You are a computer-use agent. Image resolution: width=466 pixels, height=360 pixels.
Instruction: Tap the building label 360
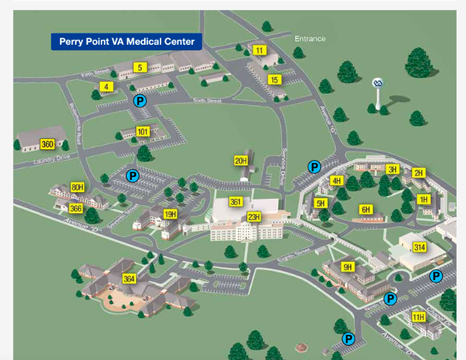coord(48,144)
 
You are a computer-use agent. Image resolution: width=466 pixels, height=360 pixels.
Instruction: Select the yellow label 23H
coord(254,217)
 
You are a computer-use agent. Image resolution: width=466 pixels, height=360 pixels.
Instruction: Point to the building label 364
coord(129,279)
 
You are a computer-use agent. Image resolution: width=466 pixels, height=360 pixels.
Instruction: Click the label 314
coord(420,247)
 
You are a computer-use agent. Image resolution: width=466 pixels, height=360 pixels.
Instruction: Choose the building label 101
coord(143,131)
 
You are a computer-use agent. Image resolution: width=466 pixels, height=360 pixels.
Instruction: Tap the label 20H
coord(240,161)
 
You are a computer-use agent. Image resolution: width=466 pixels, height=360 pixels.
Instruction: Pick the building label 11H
coord(418,317)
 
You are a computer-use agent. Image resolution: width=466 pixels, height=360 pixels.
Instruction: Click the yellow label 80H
coord(77,187)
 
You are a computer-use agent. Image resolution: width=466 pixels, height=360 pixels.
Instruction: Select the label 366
coord(75,208)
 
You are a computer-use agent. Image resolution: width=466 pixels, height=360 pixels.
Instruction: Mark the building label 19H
coord(170,214)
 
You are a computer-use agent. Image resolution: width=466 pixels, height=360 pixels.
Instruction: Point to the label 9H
coord(347,267)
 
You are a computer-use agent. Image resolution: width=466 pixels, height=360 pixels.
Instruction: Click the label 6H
coord(366,210)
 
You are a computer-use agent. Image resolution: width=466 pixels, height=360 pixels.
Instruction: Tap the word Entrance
coord(310,38)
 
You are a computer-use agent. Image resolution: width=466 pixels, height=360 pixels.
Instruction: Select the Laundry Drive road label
coord(52,159)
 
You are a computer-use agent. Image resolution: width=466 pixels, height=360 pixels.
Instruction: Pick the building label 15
coord(274,79)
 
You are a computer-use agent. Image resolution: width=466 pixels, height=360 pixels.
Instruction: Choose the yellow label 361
coord(236,202)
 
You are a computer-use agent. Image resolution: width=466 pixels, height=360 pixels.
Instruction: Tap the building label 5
coord(139,68)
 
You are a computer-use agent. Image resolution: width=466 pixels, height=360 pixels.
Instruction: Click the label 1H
coord(423,199)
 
